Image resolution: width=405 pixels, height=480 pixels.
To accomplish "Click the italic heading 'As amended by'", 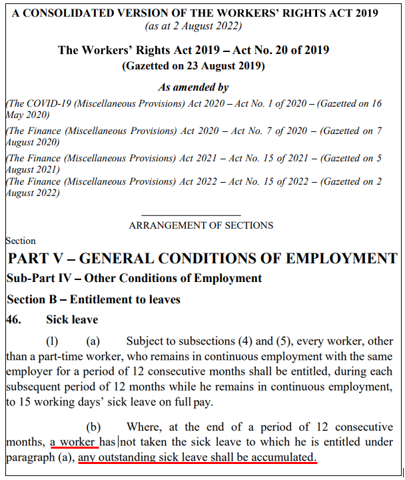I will pyautogui.click(x=193, y=87).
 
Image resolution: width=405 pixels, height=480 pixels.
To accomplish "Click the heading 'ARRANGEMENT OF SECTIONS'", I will pyautogui.click(x=201, y=225).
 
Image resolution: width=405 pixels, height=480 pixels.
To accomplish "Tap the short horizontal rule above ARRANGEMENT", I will pyautogui.click(x=201, y=215).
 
